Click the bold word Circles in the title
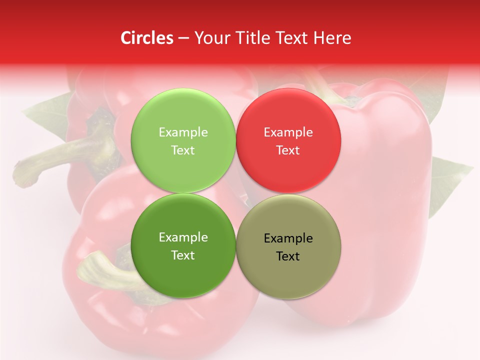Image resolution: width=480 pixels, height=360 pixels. pyautogui.click(x=146, y=38)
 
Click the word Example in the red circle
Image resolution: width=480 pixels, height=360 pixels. pyautogui.click(x=288, y=132)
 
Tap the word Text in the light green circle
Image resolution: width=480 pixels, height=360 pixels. pyautogui.click(x=183, y=150)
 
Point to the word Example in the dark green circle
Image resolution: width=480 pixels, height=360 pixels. pyautogui.click(x=183, y=237)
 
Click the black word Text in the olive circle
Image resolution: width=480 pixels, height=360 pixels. pyautogui.click(x=288, y=256)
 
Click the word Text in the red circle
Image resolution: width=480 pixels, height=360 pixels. pyautogui.click(x=288, y=150)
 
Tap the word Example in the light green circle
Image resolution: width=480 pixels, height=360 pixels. pyautogui.click(x=183, y=132)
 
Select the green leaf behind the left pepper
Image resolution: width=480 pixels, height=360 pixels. pyautogui.click(x=47, y=115)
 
